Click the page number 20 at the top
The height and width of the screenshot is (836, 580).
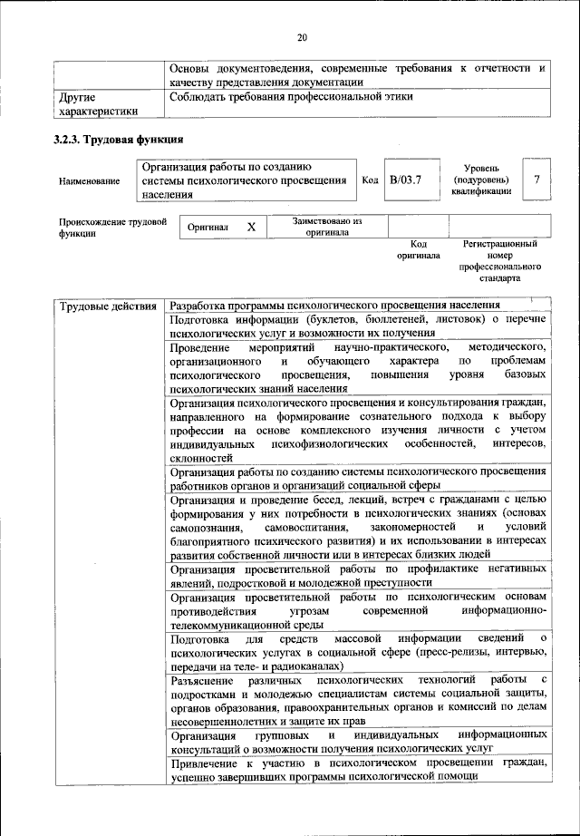point(302,37)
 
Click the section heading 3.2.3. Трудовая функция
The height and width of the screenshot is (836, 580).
point(119,140)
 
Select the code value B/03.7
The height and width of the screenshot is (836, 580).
point(406,180)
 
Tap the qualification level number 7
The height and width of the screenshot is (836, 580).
point(536,180)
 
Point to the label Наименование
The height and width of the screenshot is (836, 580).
point(89,181)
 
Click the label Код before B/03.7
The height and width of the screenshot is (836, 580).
point(370,180)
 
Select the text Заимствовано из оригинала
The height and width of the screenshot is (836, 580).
point(327,226)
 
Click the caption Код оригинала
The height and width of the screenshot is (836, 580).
point(418,249)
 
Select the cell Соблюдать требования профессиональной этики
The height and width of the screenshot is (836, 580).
point(291,95)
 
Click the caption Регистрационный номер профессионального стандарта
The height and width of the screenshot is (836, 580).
point(499,261)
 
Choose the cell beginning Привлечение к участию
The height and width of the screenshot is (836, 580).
point(358,768)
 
